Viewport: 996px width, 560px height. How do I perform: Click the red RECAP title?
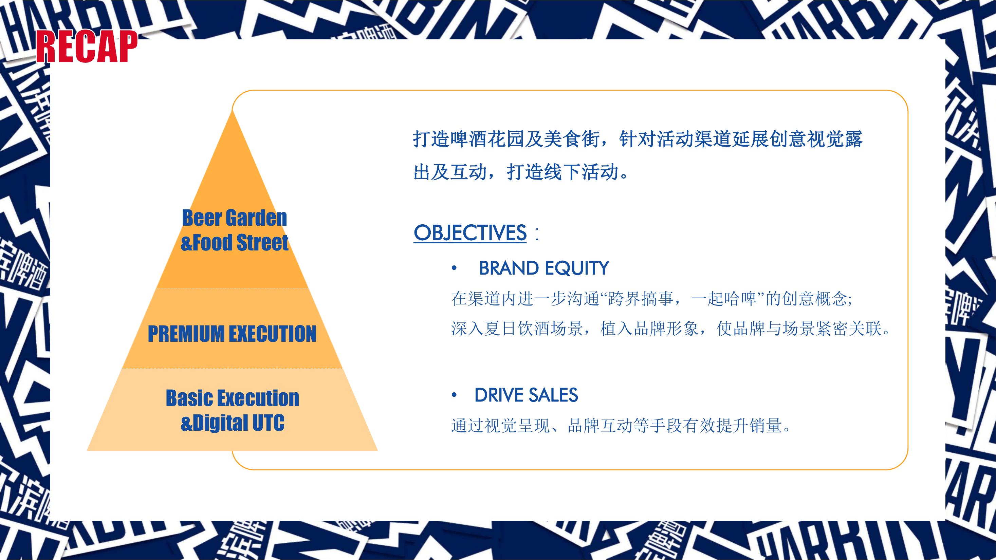[87, 47]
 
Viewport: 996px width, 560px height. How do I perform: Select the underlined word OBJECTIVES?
[470, 233]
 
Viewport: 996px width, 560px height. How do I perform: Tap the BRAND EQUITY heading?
[543, 268]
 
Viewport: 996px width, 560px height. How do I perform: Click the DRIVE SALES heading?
[526, 395]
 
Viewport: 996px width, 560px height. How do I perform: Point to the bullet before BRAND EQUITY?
[454, 268]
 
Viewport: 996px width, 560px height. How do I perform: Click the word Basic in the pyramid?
[189, 398]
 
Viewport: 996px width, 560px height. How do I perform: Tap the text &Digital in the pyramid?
[215, 423]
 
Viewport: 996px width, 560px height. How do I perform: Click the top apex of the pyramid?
[233, 111]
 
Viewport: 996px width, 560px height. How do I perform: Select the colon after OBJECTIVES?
[536, 234]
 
